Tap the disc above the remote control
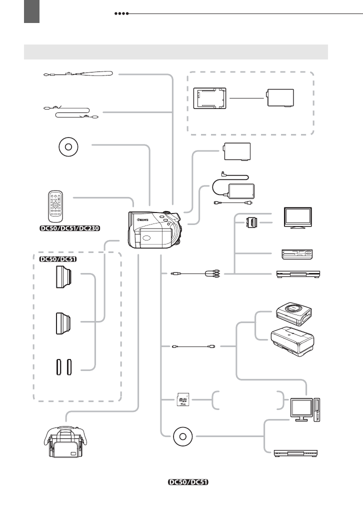point(68,148)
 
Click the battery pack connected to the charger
point(280,97)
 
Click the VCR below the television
point(297,254)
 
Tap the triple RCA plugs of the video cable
point(213,273)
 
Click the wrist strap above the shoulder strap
point(77,75)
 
